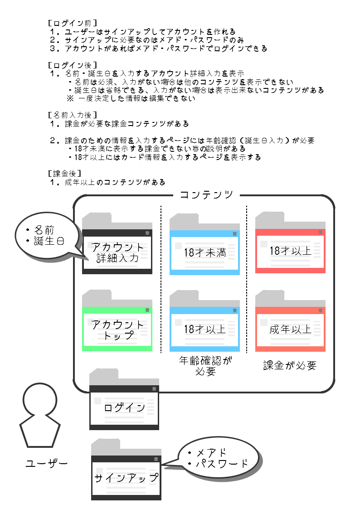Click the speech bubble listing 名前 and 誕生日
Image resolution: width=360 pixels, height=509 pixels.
pyautogui.click(x=44, y=236)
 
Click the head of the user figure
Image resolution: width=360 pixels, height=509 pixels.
pyautogui.click(x=40, y=399)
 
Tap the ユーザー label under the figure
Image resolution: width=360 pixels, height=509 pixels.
pyautogui.click(x=47, y=464)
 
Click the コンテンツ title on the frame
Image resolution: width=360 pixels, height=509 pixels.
pyautogui.click(x=207, y=195)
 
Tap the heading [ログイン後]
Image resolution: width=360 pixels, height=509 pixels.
pyautogui.click(x=72, y=65)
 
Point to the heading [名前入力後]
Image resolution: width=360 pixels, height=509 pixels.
pyautogui.click(x=72, y=115)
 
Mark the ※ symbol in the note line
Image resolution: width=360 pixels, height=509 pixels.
pyautogui.click(x=71, y=98)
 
